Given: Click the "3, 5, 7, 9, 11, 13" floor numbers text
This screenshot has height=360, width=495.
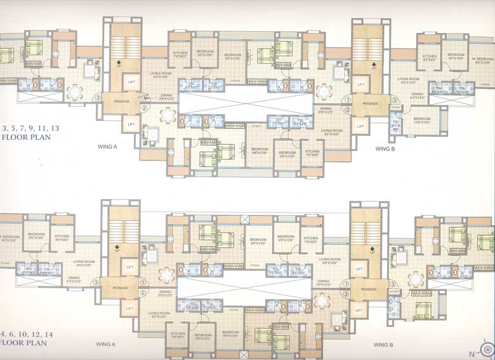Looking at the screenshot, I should (x=30, y=128).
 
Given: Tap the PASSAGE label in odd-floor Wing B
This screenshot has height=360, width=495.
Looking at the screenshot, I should (x=370, y=103).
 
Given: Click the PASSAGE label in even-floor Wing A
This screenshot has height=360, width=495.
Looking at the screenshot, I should (x=121, y=288).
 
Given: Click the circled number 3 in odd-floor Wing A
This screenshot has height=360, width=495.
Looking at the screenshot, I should (x=97, y=98).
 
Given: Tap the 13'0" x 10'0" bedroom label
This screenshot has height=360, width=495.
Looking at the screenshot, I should (x=422, y=121).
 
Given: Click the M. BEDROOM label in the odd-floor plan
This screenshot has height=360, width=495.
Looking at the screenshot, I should (x=482, y=60).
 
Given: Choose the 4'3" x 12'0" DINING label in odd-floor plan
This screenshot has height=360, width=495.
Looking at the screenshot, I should (x=416, y=95).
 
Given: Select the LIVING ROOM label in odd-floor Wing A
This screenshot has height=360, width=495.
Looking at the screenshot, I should (x=161, y=75).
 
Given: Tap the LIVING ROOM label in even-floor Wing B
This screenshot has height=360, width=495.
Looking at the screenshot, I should (x=329, y=260).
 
